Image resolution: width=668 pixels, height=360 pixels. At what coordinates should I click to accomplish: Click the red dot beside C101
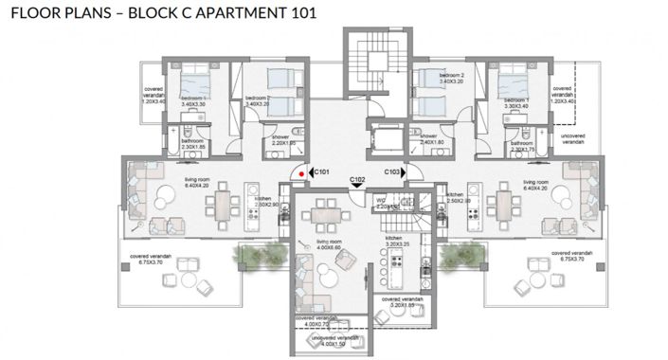pos(301,173)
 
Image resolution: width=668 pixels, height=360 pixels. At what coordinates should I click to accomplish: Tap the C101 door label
pos(322,172)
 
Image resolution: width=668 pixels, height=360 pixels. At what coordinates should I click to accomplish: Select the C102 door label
pos(357,179)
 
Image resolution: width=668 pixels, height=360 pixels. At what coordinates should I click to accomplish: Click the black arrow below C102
pos(357,187)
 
